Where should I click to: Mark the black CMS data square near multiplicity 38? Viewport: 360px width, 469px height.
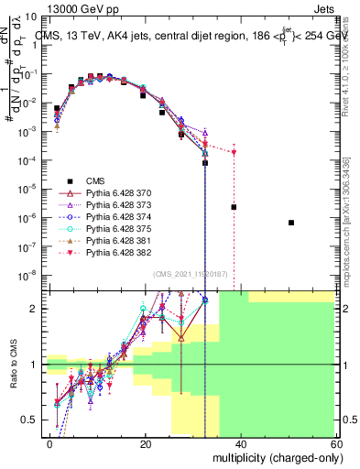pos(234,207)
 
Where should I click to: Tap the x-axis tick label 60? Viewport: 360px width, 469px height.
pos(335,443)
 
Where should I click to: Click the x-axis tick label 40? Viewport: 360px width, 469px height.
pos(241,443)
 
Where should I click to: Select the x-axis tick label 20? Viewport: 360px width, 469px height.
pos(146,443)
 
